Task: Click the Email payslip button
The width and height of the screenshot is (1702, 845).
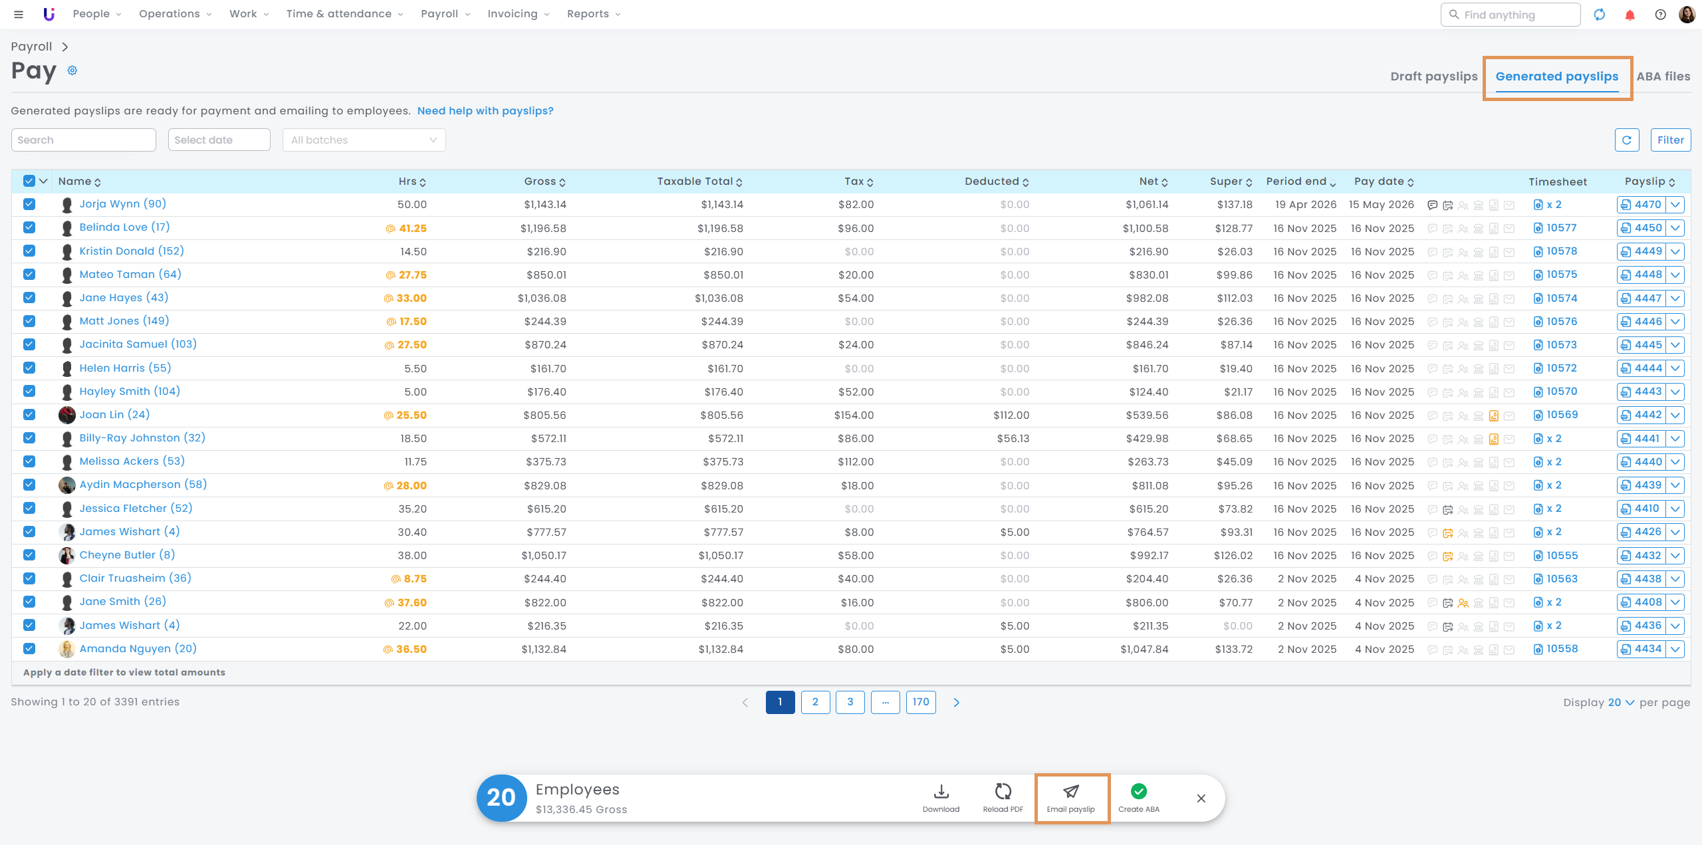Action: [x=1071, y=798]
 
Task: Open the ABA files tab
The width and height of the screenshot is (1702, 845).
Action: [x=1663, y=76]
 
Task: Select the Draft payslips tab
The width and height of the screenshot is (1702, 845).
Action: [x=1433, y=76]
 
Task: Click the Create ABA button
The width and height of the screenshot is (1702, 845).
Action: [x=1138, y=798]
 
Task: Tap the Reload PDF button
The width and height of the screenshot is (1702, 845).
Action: [x=1003, y=798]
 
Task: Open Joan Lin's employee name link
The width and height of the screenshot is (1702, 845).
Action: [x=114, y=415]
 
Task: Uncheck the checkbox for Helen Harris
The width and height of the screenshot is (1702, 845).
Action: [x=29, y=368]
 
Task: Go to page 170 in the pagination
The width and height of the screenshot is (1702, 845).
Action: [x=921, y=702]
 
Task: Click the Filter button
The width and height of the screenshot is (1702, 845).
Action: [x=1670, y=140]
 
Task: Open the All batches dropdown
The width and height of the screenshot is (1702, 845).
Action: [x=364, y=140]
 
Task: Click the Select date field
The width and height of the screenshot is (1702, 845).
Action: [x=219, y=140]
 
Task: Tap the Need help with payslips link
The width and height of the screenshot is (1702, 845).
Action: [x=485, y=111]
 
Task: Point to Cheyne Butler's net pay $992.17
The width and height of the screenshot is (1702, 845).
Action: [x=1149, y=556]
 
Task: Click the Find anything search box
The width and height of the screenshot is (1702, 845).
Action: [x=1510, y=15]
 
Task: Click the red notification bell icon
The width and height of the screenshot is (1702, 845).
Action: [x=1630, y=15]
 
